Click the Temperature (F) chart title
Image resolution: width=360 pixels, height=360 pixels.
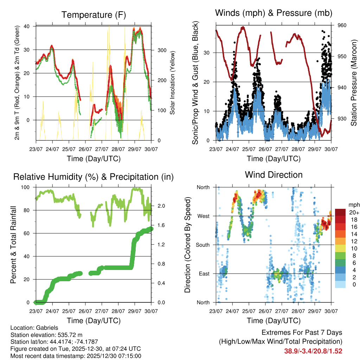click(94, 15)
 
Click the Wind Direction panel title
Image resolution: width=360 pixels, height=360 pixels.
click(274, 175)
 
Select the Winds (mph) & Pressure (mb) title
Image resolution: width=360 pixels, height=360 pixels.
click(274, 13)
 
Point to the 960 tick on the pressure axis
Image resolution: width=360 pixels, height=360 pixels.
click(342, 25)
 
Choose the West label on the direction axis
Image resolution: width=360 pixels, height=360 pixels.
click(203, 216)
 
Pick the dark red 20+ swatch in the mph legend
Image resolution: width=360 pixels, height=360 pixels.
click(341, 213)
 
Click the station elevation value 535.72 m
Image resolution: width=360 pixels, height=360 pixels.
click(69, 335)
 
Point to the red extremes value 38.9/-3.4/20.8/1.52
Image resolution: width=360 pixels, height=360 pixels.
click(313, 351)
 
